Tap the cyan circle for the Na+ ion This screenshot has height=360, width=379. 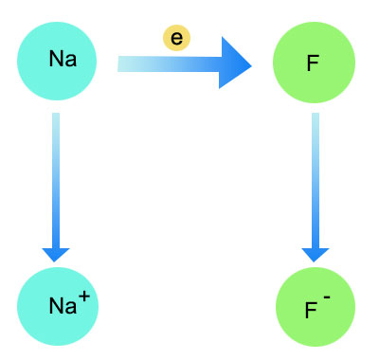[58, 304]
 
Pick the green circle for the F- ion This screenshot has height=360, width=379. [314, 307]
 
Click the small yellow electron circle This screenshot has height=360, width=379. [176, 38]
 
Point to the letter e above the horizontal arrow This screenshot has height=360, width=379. [176, 38]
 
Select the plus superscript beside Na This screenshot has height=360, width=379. [84, 297]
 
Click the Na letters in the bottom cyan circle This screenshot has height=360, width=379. [63, 306]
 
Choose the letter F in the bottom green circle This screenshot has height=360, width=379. [310, 309]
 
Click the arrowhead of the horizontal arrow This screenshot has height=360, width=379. [234, 63]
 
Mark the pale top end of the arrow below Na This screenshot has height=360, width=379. [56, 118]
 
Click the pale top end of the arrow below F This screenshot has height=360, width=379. [316, 118]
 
